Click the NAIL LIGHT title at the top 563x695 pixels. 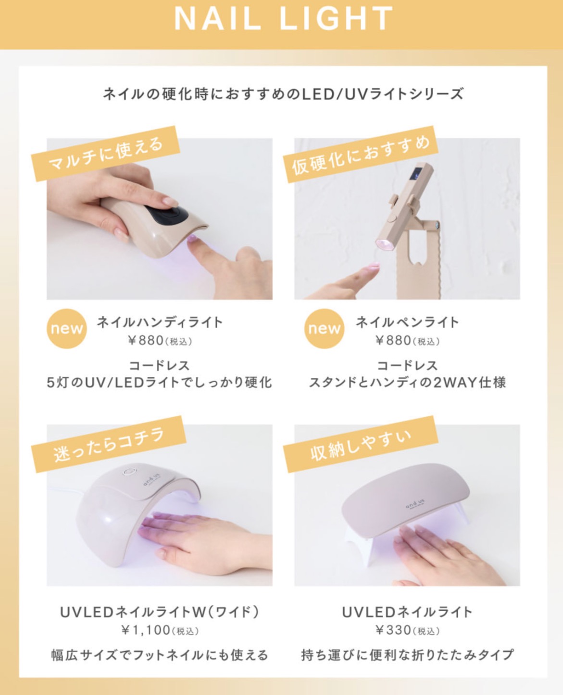click(283, 19)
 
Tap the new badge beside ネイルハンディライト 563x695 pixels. click(66, 329)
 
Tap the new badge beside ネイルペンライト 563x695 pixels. click(324, 329)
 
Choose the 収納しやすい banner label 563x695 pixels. click(361, 444)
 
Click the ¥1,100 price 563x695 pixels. click(160, 630)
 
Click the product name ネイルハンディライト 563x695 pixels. click(160, 322)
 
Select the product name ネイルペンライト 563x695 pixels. click(407, 322)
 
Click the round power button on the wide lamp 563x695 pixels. click(128, 473)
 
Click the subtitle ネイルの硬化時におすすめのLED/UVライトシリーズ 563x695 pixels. click(283, 93)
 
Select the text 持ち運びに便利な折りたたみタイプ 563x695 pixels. click(407, 655)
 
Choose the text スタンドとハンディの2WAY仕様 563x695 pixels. click(407, 383)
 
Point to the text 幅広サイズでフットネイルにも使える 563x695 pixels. click(160, 655)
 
